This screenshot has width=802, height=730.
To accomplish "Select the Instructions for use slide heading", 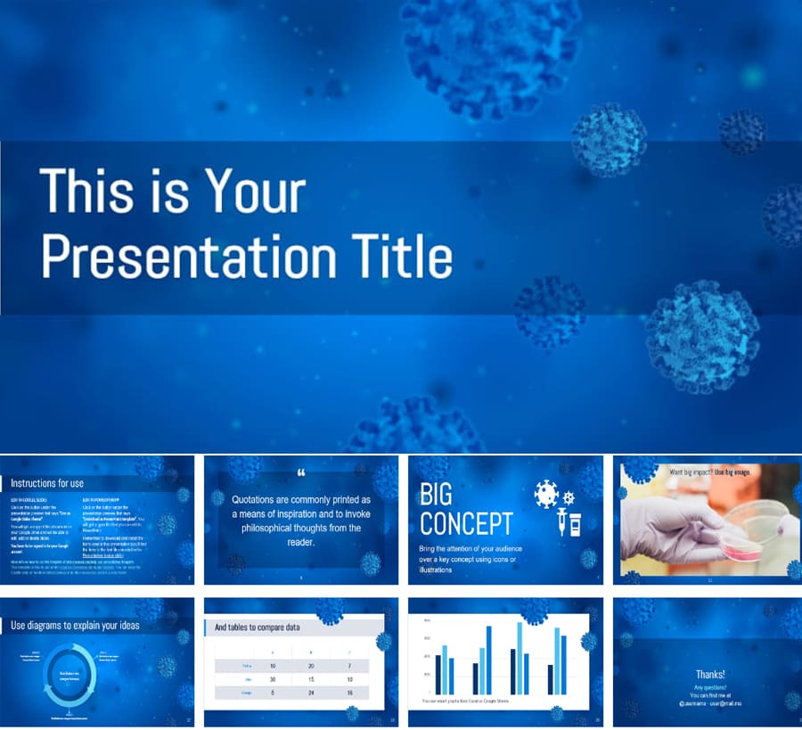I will point(46,482).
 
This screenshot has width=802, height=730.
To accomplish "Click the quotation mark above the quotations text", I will point(300,474).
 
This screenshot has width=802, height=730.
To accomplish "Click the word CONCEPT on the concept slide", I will point(466,523).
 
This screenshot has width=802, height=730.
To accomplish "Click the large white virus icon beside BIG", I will point(545,493).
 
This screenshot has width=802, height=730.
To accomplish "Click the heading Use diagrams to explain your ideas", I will point(75,625).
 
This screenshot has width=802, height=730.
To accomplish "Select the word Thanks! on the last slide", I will point(710,675).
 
